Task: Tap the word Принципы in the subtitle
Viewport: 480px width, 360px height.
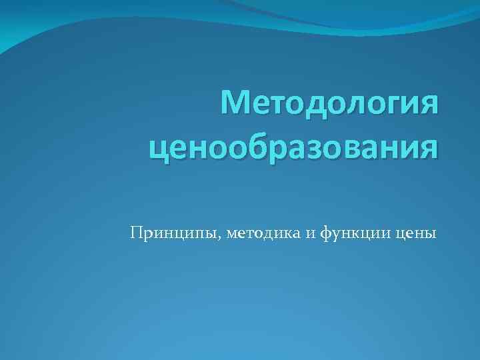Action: click(x=176, y=233)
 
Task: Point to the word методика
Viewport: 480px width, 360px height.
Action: click(x=265, y=233)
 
